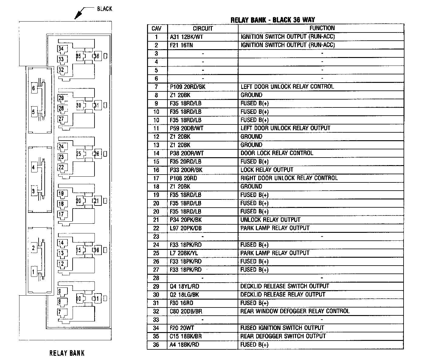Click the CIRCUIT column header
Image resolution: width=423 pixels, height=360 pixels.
tap(203, 29)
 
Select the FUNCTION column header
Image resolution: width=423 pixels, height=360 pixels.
tap(322, 28)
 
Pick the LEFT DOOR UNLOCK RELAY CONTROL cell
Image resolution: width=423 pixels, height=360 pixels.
tap(287, 87)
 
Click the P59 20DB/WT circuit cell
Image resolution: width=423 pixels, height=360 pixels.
tap(187, 128)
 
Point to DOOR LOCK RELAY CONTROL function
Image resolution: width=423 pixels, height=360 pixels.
tap(277, 153)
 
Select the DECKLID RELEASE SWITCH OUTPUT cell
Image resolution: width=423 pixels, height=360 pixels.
tap(284, 286)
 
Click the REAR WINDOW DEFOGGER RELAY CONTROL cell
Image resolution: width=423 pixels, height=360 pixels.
tap(295, 311)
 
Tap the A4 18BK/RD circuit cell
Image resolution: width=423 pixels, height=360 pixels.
tap(184, 345)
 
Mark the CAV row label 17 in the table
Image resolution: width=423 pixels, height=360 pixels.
tap(156, 178)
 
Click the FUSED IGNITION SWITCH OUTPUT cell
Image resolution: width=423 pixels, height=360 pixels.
tap(282, 328)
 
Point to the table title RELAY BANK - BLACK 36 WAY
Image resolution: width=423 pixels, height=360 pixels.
tap(273, 20)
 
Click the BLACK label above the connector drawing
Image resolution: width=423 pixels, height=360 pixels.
tap(105, 9)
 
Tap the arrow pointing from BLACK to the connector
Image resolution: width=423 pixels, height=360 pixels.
tap(80, 14)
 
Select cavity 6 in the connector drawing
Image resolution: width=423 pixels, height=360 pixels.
tap(34, 88)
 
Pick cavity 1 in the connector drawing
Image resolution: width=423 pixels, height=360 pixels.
tap(34, 272)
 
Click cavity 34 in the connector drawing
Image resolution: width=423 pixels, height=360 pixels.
tap(61, 49)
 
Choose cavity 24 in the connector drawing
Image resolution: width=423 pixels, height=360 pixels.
tap(61, 147)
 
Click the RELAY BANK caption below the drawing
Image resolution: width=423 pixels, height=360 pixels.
tap(67, 353)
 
